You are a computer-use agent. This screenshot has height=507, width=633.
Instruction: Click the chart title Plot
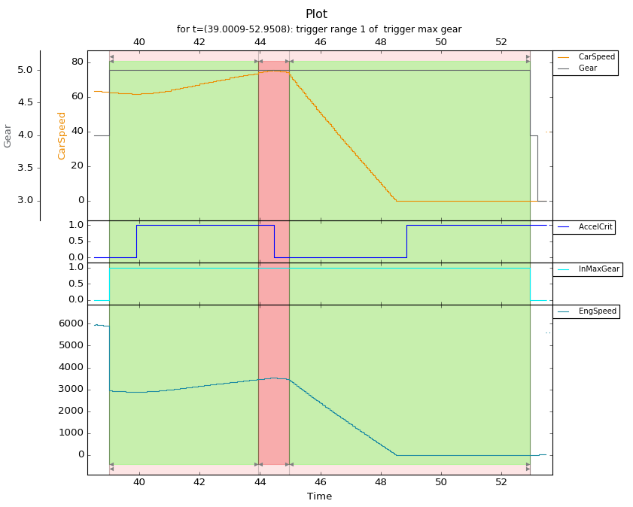pyautogui.click(x=316, y=14)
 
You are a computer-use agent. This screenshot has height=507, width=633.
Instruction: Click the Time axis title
pyautogui.click(x=319, y=496)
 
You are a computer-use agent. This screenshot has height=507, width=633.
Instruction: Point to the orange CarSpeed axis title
pyautogui.click(x=62, y=136)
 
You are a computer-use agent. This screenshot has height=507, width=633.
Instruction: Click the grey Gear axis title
pyautogui.click(x=8, y=136)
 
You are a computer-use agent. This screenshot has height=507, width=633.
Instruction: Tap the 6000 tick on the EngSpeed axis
pyautogui.click(x=71, y=323)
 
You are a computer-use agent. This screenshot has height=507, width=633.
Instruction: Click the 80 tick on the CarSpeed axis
pyautogui.click(x=78, y=62)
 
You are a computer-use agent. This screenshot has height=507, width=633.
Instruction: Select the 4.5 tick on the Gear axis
pyautogui.click(x=25, y=102)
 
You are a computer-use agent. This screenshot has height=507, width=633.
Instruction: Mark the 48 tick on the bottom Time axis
pyautogui.click(x=381, y=482)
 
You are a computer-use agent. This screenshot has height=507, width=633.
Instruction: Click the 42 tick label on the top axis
pyautogui.click(x=199, y=42)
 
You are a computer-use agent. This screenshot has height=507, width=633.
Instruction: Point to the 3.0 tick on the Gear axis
pyautogui.click(x=25, y=200)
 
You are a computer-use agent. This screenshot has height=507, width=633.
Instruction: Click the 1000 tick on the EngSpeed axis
pyautogui.click(x=71, y=433)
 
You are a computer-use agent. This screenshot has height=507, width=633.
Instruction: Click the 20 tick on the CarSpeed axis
pyautogui.click(x=78, y=165)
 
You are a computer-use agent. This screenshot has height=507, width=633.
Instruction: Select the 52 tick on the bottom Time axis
pyautogui.click(x=501, y=482)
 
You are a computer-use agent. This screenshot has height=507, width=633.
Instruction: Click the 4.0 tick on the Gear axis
pyautogui.click(x=25, y=135)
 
